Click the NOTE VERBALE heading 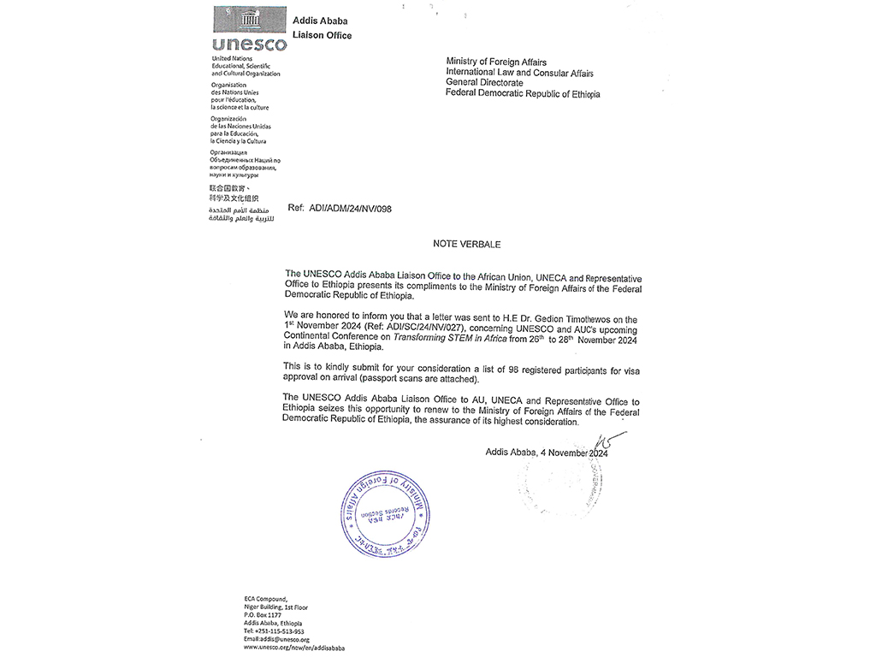click(466, 244)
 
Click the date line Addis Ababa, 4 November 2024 click(546, 453)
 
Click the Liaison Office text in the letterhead click(322, 35)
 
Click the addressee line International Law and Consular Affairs click(519, 73)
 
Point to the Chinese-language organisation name click(234, 192)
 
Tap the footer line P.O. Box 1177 click(263, 615)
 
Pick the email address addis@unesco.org click(276, 639)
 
